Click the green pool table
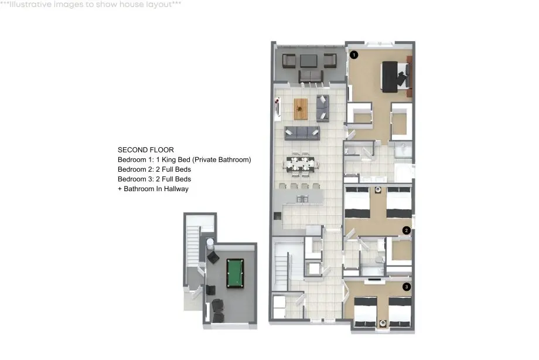point(235,274)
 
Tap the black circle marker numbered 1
point(354,55)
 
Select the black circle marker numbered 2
point(407,230)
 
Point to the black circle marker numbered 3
point(407,286)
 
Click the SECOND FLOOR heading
point(146,150)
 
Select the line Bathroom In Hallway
point(156,189)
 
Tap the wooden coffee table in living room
point(301,109)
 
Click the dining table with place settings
point(301,164)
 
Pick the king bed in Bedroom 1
point(396,77)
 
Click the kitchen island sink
point(302,199)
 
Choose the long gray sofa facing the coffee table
point(302,133)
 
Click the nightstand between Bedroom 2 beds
point(378,189)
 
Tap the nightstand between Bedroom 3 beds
point(383,323)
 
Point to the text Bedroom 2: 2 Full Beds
point(154,169)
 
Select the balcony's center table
point(308,61)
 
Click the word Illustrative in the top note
point(33,5)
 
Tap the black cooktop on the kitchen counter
point(277,216)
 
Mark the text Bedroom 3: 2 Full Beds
point(154,179)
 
